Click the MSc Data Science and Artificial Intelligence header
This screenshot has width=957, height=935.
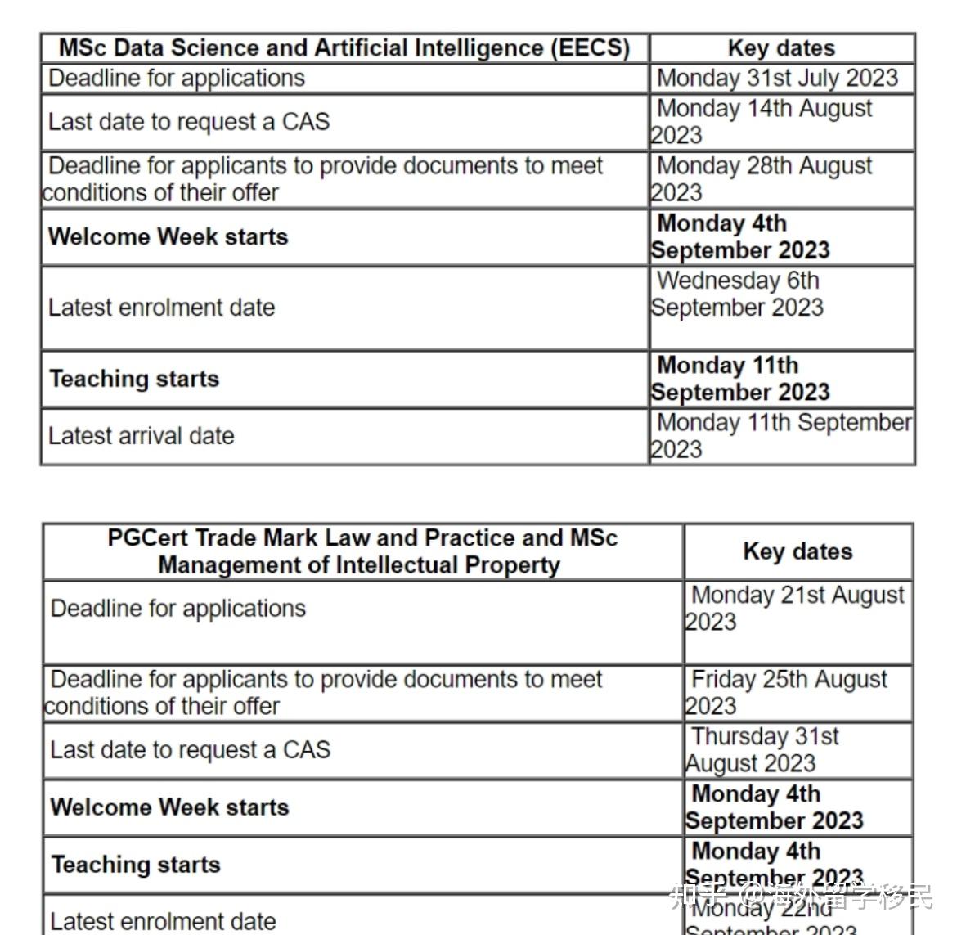click(344, 48)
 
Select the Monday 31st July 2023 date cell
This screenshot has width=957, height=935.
click(777, 79)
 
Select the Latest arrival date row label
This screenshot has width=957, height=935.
click(142, 436)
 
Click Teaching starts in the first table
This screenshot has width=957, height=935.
click(135, 379)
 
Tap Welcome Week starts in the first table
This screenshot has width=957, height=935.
click(168, 236)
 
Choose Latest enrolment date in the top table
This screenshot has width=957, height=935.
click(162, 308)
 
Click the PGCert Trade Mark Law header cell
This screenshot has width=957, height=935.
click(362, 551)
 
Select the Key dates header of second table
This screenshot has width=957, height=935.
click(797, 551)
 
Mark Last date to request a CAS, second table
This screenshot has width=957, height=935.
click(191, 750)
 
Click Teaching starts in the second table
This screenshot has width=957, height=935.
click(136, 865)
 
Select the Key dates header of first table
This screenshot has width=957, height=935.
click(781, 48)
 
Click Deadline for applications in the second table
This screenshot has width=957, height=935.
click(178, 609)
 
